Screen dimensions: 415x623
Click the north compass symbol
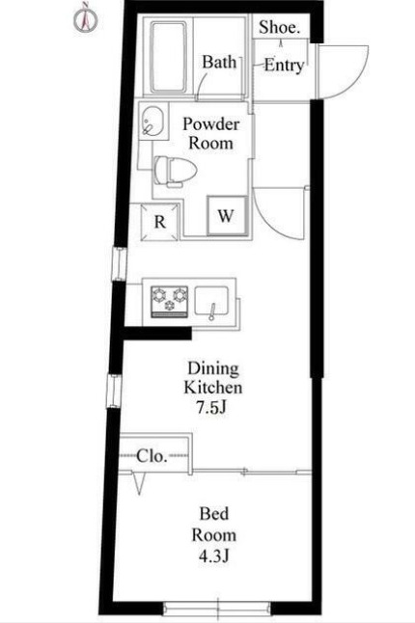pos(86,18)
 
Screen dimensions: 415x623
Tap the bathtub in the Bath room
pos(168,58)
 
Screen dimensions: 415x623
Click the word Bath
pos(219,62)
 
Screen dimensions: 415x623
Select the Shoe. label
pos(280,27)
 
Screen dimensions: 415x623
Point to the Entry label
pos(284,66)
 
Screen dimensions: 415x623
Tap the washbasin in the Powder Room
pos(153,121)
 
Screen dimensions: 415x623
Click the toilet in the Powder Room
pos(176,172)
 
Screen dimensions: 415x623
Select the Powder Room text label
pos(210,133)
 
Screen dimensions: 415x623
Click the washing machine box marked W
pos(227,216)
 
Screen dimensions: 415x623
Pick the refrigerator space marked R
pos(160,222)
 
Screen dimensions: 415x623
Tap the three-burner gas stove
pos(169,302)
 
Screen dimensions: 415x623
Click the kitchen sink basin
pos(211,301)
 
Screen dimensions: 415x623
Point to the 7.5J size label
pos(211,407)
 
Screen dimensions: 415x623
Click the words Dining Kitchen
pos(213,377)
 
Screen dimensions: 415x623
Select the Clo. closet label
pos(152,456)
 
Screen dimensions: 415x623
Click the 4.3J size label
pos(214,555)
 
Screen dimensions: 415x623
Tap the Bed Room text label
pos(214,525)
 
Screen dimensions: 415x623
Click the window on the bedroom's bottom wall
pos(217,608)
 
